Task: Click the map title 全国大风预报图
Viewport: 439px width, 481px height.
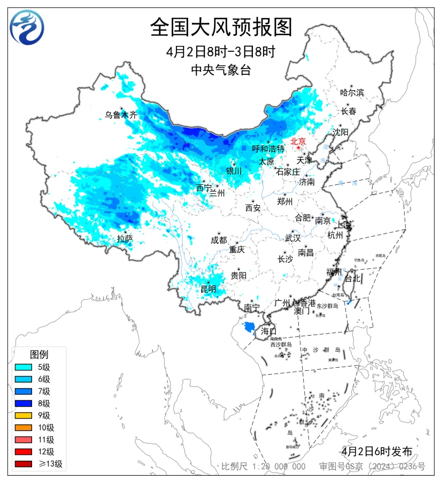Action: pos(221,27)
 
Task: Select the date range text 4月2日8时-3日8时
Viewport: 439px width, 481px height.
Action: pos(221,52)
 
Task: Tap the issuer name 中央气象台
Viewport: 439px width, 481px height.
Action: pos(221,70)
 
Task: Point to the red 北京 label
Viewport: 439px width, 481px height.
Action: pos(298,142)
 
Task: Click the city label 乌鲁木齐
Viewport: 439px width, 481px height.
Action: pos(121,114)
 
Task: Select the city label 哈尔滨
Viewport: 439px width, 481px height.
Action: pos(352,92)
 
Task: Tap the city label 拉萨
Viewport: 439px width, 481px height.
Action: pos(125,238)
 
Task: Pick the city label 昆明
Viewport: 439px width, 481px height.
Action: pos(209,289)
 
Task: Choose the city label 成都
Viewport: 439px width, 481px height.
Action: pos(219,240)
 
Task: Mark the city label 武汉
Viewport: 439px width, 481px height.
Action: pos(292,238)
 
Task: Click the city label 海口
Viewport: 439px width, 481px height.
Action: pos(268,331)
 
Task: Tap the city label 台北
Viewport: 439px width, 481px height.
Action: pos(353,278)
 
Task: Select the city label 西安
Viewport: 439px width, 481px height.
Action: pos(253,208)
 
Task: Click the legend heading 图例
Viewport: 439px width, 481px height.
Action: pos(39,354)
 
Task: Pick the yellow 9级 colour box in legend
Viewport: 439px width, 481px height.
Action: pos(24,415)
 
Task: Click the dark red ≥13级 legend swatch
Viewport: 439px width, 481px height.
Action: pos(24,464)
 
